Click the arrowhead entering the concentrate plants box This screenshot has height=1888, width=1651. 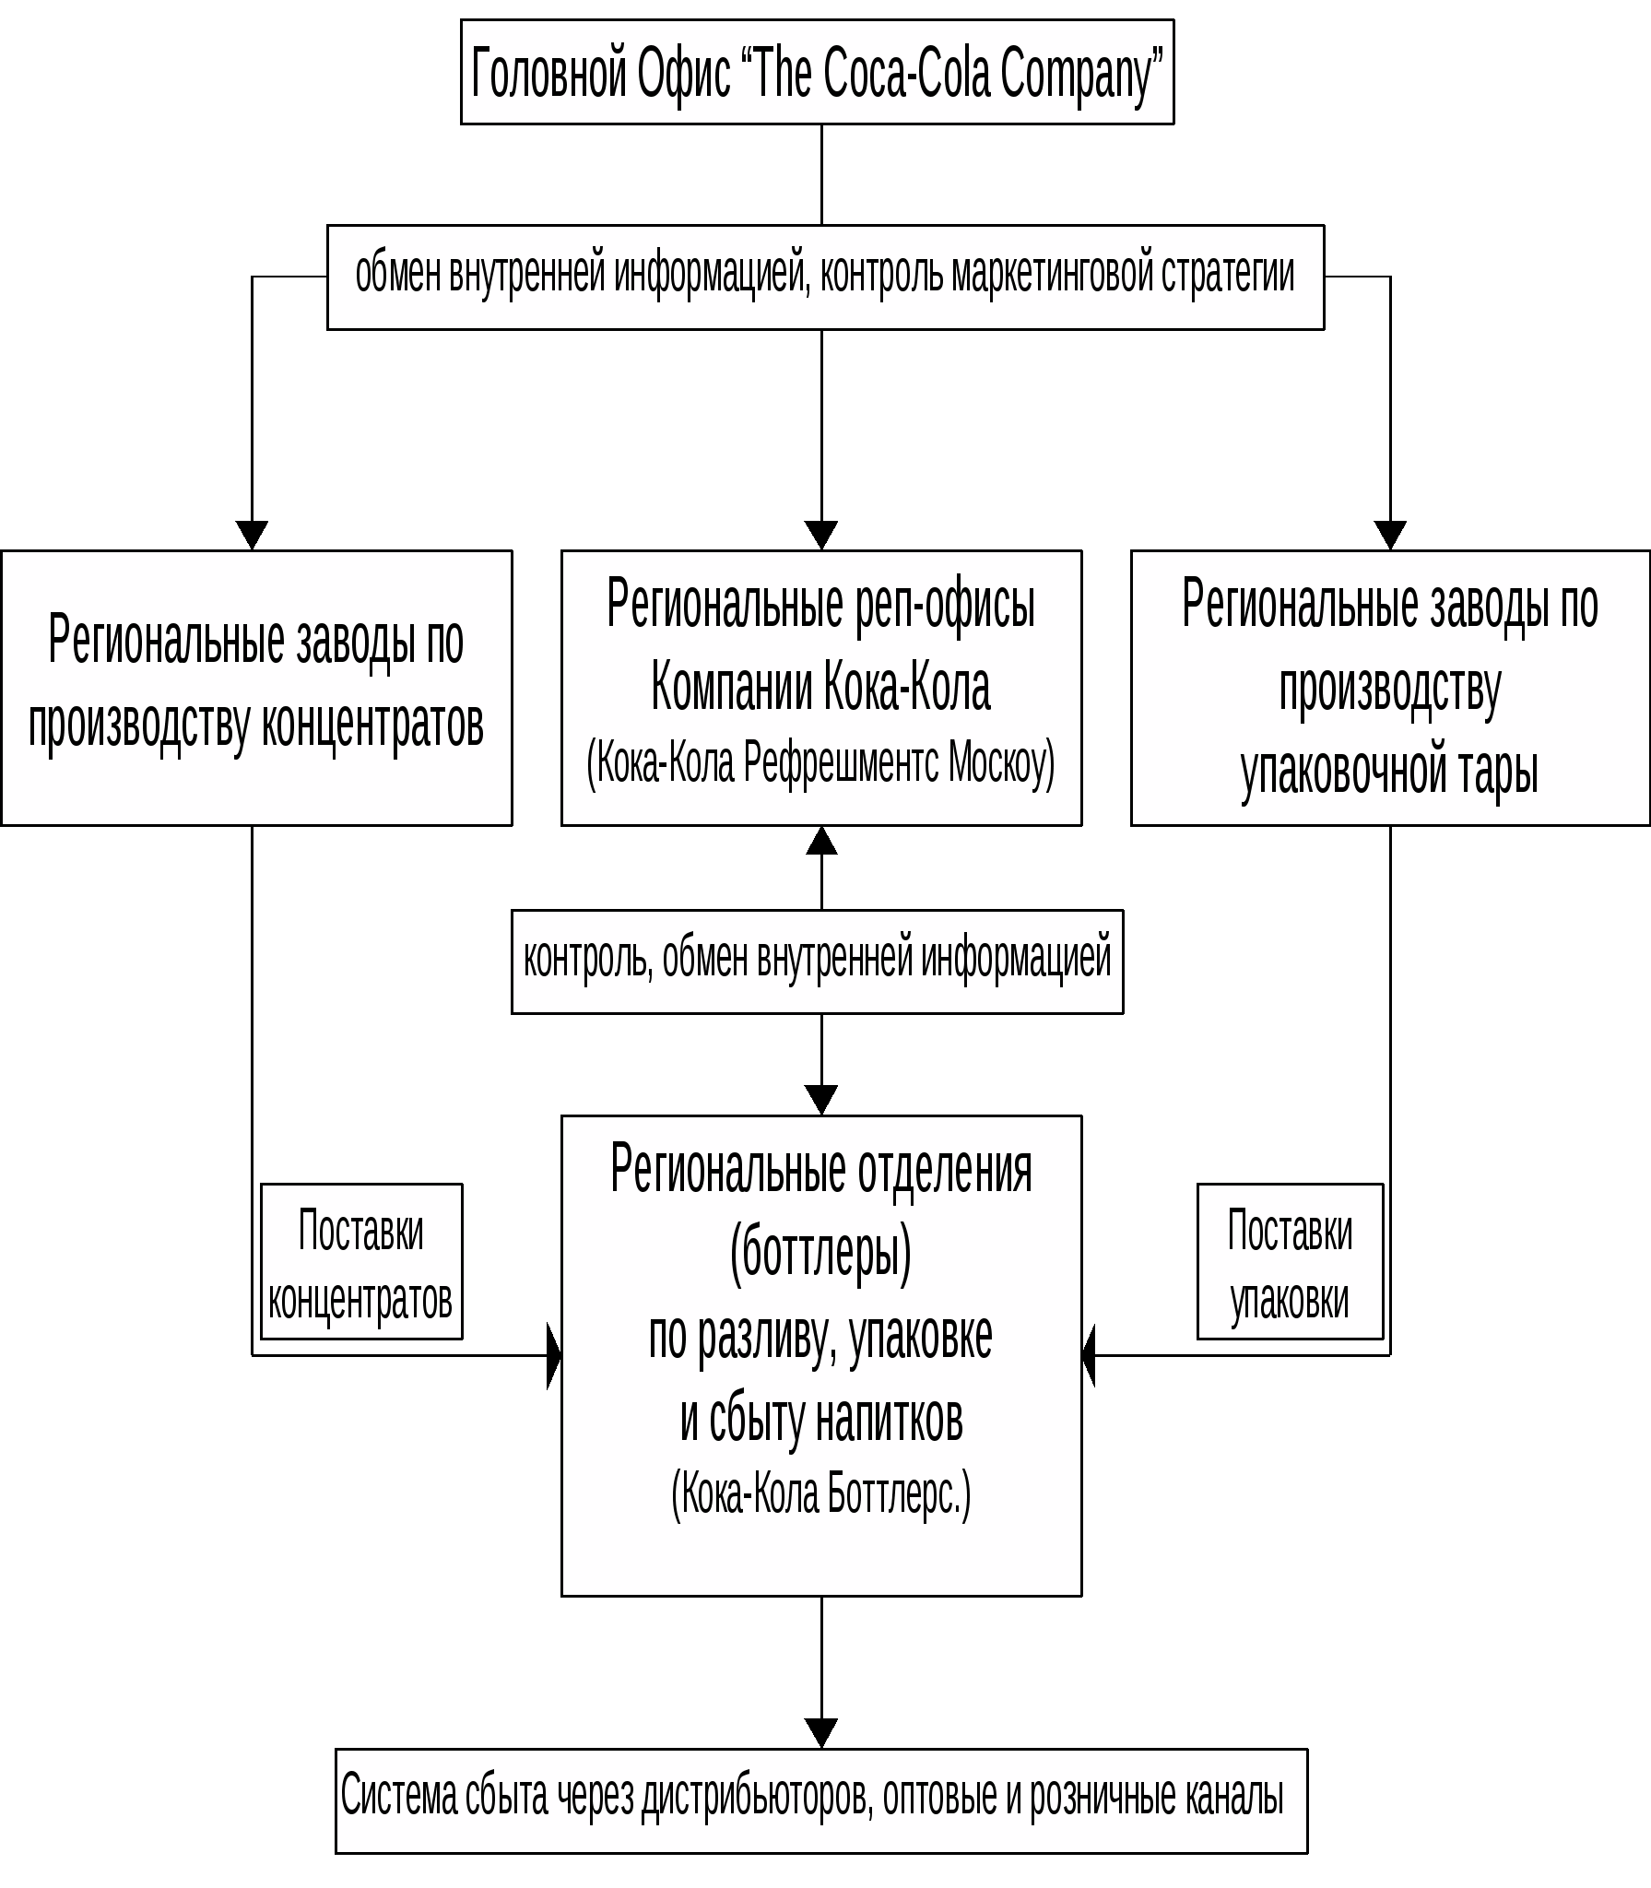(252, 535)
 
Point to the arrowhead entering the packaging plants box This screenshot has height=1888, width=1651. (1390, 535)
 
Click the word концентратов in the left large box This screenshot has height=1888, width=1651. (372, 725)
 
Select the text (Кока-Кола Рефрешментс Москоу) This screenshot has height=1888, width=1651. (820, 763)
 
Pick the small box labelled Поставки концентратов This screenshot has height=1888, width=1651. (361, 1261)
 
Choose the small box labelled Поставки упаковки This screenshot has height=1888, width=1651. (1290, 1261)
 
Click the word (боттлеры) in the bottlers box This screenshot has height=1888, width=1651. (820, 1254)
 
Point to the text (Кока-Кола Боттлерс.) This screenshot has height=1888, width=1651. (820, 1493)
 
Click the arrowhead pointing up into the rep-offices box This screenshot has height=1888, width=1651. (821, 841)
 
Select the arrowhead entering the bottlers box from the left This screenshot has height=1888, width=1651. (554, 1355)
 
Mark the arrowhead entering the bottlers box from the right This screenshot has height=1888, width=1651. (1089, 1355)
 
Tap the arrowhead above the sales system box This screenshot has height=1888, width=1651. (821, 1732)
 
